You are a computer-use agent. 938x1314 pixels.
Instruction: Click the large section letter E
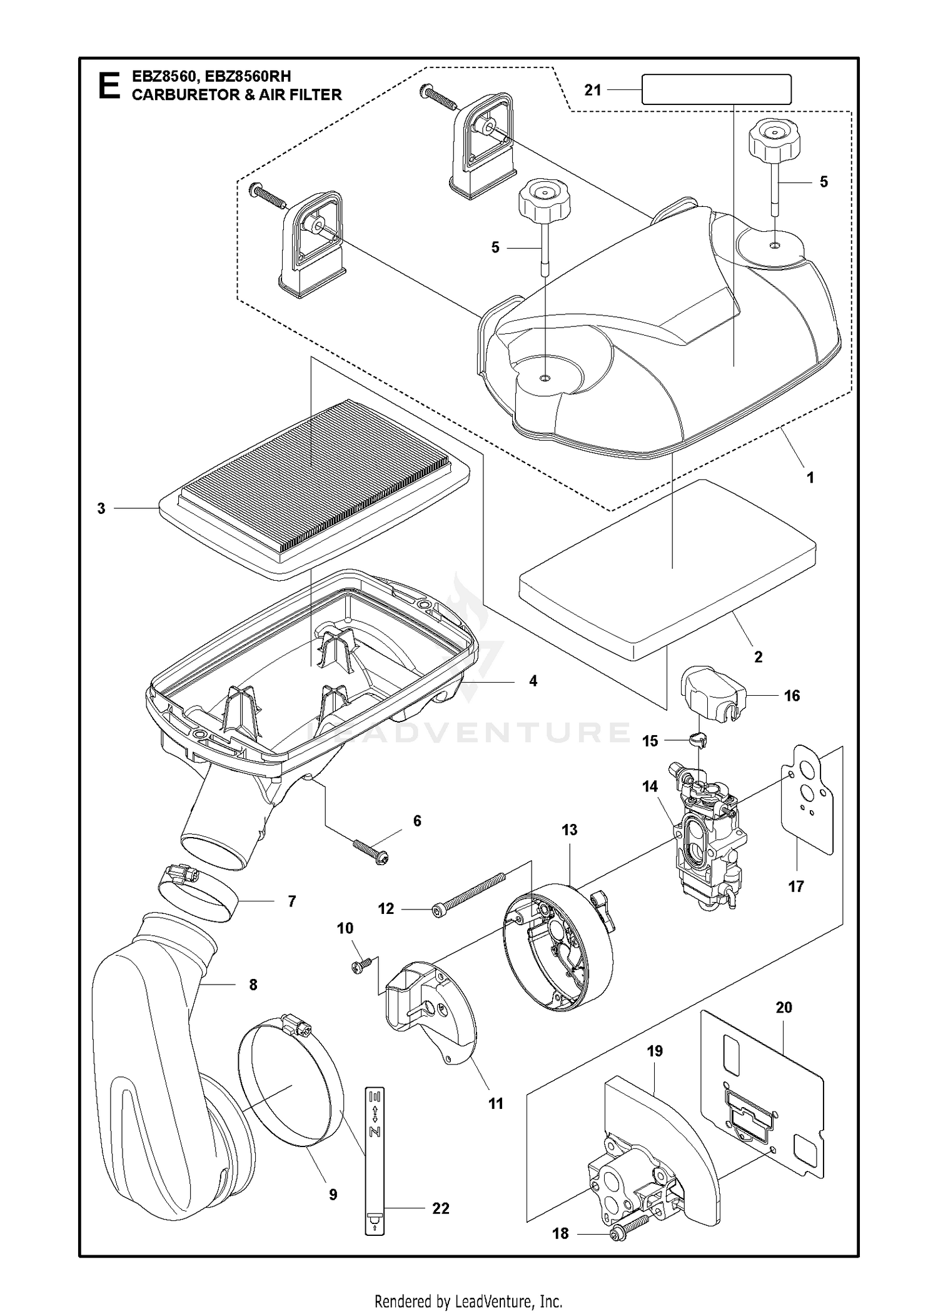click(x=109, y=86)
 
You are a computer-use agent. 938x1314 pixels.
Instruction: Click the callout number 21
click(x=593, y=90)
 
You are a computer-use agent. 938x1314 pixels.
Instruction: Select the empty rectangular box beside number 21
click(x=717, y=89)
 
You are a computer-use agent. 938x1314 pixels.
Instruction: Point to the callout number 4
click(x=533, y=681)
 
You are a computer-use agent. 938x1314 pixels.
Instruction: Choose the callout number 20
click(x=784, y=1007)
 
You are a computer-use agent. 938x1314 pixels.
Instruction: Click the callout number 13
click(x=569, y=830)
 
